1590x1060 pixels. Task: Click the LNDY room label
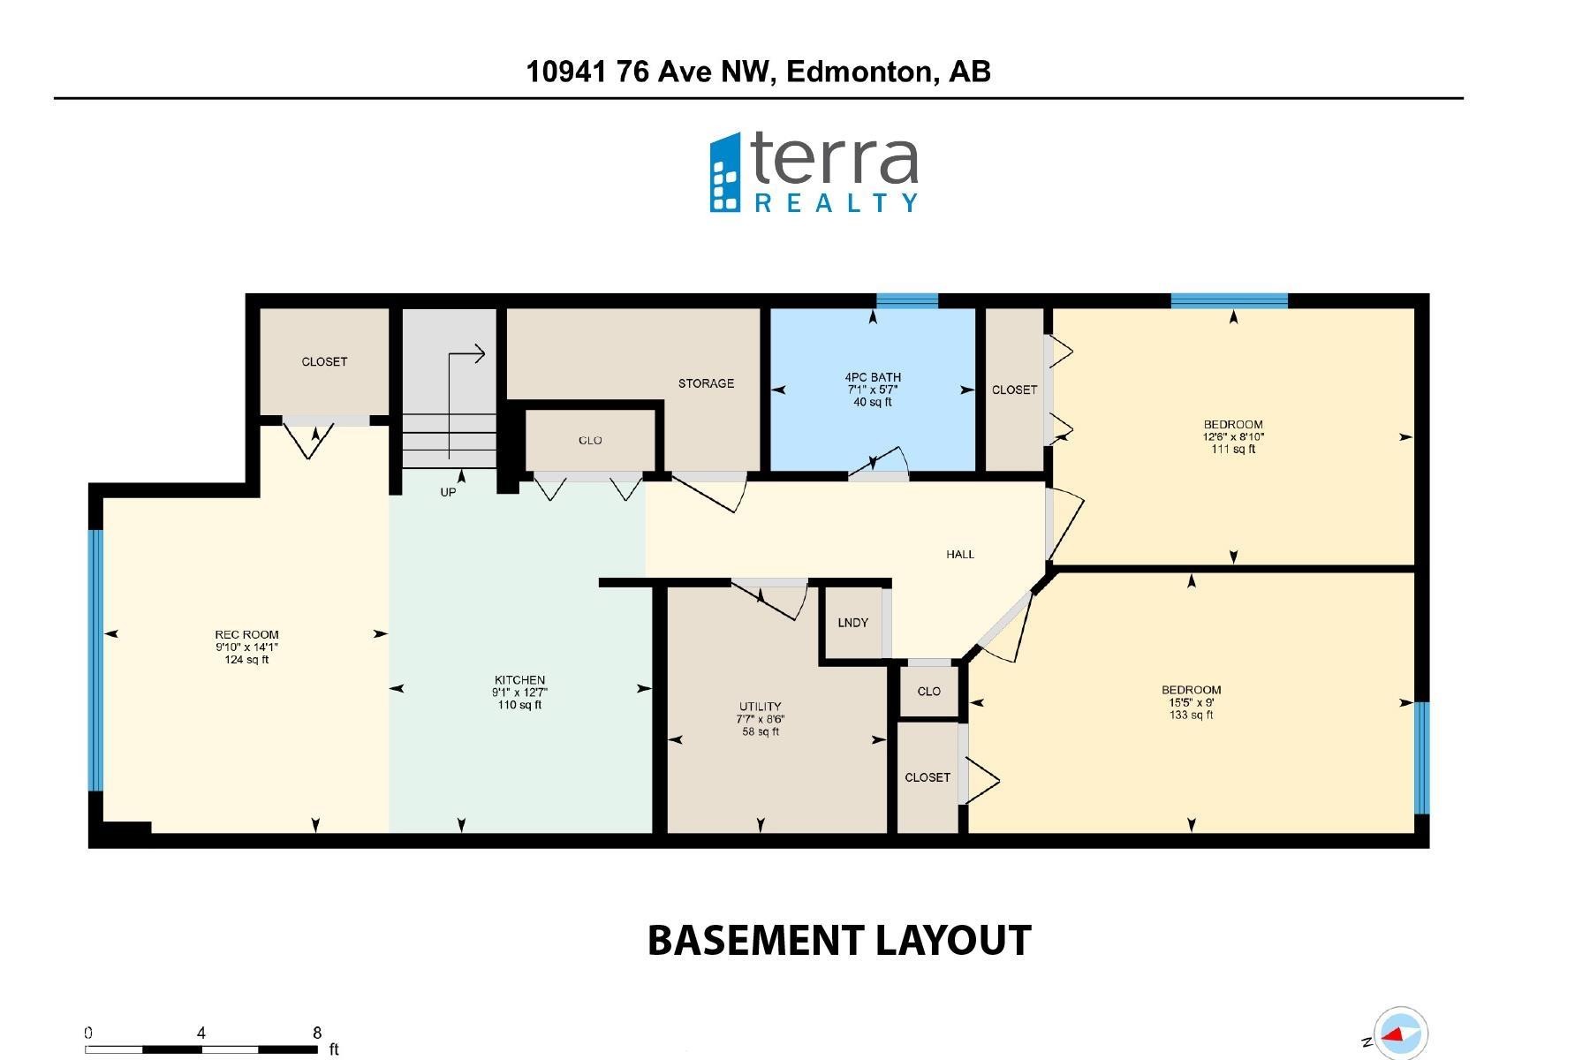coord(852,623)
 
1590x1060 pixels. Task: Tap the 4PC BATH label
coord(873,377)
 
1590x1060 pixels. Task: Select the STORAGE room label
coord(706,383)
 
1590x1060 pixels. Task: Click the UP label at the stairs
coord(448,492)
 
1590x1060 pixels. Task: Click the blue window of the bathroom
coord(906,301)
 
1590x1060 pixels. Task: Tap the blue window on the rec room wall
coord(96,659)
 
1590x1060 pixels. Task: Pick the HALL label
coord(960,555)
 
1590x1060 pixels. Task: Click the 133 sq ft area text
coord(1191,715)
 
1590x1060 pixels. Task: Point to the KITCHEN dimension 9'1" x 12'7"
coord(520,693)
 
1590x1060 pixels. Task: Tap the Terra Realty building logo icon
coord(726,173)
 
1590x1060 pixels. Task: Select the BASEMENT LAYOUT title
coord(839,941)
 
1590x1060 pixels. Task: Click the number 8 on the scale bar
coord(317,1033)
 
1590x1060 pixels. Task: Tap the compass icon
coord(1401,1033)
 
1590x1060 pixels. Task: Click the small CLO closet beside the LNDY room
coord(928,692)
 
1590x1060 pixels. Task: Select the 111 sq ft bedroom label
coord(1233,449)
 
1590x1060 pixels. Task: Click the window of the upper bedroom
coord(1229,301)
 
